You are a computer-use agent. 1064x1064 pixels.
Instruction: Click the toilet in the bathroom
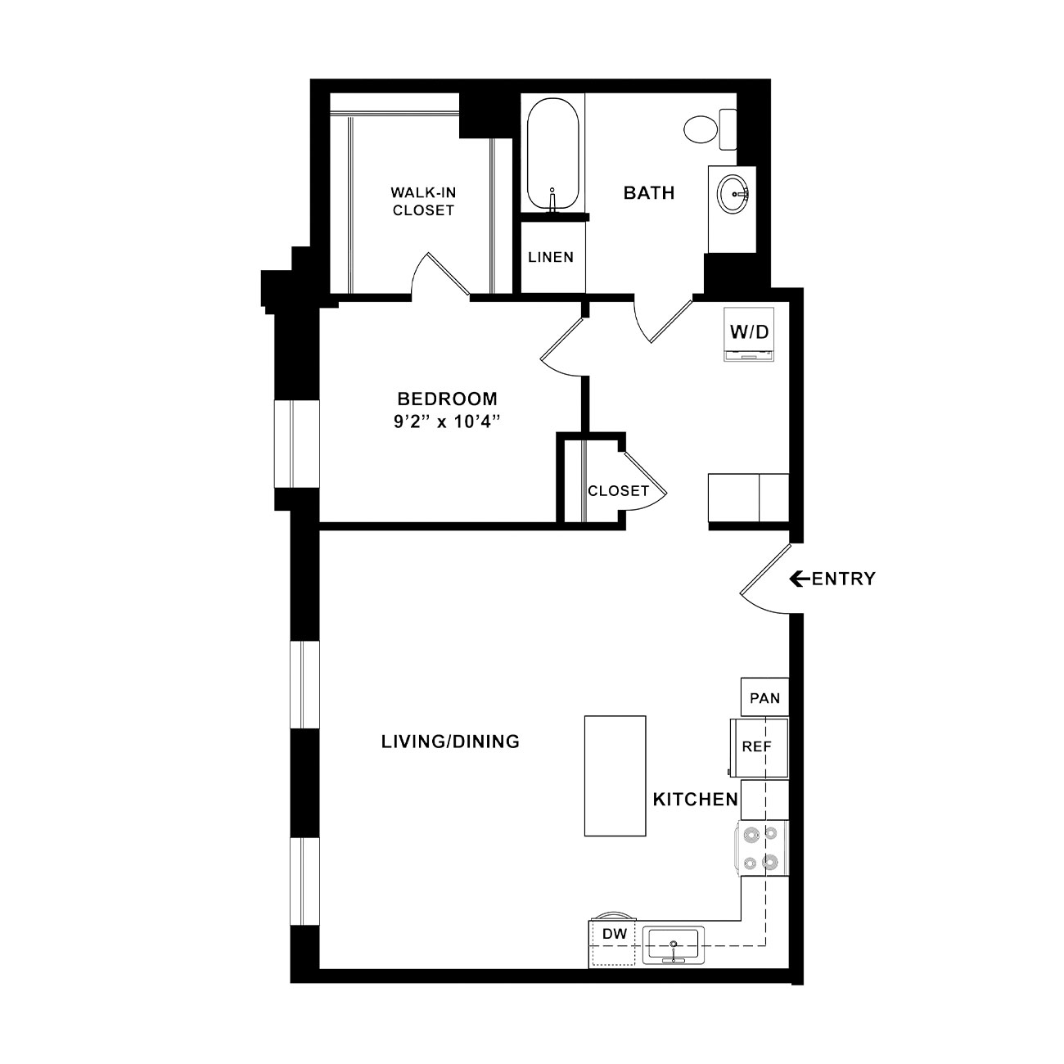click(x=710, y=129)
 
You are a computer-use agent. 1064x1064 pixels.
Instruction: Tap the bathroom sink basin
click(x=733, y=194)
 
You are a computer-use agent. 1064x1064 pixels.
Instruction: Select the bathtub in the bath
click(x=552, y=156)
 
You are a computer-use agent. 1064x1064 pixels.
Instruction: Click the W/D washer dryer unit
click(x=749, y=334)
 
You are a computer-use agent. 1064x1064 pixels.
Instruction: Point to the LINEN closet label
click(x=551, y=257)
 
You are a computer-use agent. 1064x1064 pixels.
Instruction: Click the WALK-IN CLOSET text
click(x=423, y=201)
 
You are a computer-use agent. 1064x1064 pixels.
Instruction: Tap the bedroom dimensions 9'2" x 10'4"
click(x=447, y=422)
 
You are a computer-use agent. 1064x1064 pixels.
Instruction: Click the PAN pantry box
click(x=764, y=697)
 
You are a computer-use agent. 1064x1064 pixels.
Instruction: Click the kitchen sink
click(x=673, y=945)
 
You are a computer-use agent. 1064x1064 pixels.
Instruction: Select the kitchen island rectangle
click(x=615, y=776)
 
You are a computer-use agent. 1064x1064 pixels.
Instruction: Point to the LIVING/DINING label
click(x=450, y=742)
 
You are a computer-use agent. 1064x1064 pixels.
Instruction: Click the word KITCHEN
click(x=696, y=799)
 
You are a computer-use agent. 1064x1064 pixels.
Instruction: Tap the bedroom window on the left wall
click(x=297, y=444)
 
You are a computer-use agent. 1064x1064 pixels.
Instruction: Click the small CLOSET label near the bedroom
click(x=619, y=491)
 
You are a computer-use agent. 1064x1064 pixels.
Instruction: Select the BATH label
click(x=649, y=192)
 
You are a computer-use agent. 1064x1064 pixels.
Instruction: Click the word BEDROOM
click(x=447, y=399)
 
